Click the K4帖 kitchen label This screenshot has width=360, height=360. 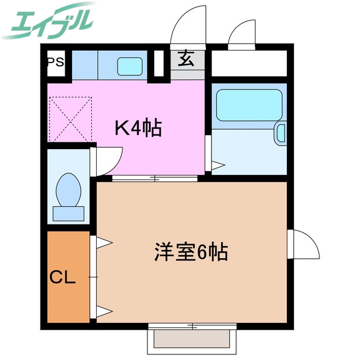pos(138,128)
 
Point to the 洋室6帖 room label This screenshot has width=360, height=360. pos(191,253)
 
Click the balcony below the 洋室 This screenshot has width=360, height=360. pos(192,339)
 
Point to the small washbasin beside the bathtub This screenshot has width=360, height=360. pos(281,134)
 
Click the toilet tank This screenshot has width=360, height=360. pos(69,213)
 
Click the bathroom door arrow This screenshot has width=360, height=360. pos(217,165)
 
